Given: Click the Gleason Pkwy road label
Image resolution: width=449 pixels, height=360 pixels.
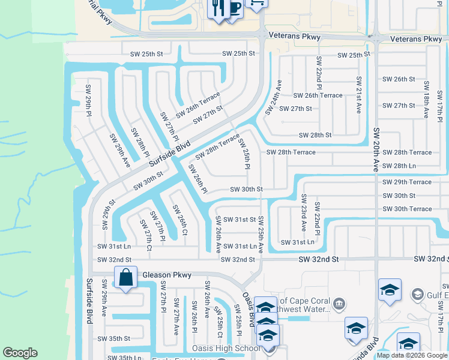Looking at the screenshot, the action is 167,275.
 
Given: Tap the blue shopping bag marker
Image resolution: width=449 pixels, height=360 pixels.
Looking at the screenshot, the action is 125,278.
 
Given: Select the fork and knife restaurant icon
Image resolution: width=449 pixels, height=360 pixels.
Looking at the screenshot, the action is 217,8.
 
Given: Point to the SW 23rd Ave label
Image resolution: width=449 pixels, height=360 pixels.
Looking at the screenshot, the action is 304,214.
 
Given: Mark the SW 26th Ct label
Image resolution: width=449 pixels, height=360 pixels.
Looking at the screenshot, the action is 180,220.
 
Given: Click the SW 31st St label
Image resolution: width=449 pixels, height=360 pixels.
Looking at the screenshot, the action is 240,220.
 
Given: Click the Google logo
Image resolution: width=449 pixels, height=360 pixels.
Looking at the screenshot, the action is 20,353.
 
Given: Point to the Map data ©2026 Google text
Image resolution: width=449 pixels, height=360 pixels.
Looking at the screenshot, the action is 412,355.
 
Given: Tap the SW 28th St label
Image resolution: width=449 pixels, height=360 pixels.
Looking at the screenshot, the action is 315,136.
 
